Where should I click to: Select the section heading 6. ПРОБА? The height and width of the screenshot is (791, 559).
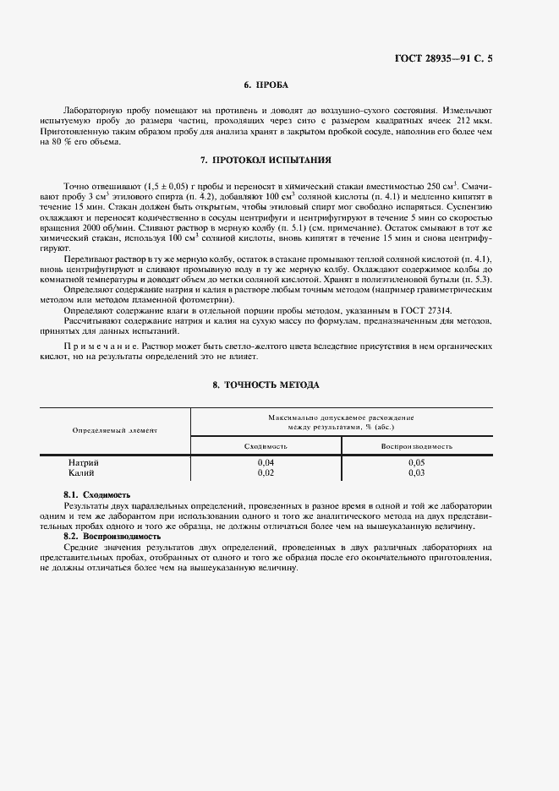click(266, 85)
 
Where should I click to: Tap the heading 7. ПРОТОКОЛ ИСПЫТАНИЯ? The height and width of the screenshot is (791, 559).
click(266, 160)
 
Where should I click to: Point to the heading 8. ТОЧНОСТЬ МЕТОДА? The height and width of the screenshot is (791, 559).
click(266, 385)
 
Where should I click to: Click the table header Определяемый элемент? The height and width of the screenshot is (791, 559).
click(115, 430)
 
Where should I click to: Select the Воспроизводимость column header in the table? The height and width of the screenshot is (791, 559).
click(416, 445)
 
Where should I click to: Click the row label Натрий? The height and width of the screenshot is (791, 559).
click(83, 463)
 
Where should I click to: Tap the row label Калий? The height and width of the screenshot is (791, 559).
click(81, 473)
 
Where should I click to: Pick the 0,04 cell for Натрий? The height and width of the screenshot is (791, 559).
click(266, 463)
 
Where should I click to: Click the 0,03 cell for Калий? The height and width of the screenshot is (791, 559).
click(416, 473)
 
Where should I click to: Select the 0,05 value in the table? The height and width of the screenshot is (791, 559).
click(416, 463)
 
